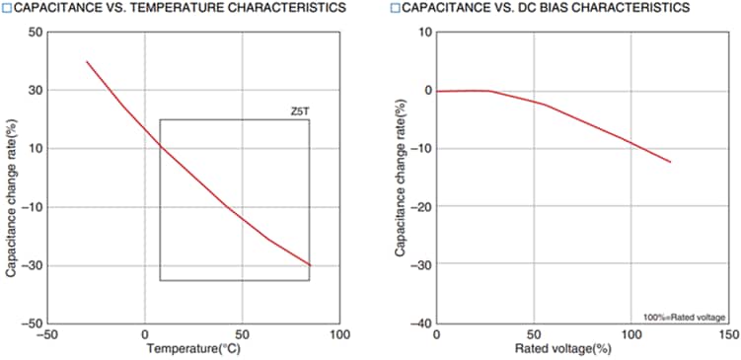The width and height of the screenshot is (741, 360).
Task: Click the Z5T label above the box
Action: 300,112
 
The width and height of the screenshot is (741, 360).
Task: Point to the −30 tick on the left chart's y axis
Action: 32,265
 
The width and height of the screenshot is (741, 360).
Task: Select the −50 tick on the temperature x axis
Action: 47,335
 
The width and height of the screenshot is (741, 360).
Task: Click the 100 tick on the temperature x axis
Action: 339,335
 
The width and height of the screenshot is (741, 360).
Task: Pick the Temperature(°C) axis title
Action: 193,348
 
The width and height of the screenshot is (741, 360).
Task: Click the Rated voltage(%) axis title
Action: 583,348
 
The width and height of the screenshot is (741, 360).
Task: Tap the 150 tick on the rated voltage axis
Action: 727,335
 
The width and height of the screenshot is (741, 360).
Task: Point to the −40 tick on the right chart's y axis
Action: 422,324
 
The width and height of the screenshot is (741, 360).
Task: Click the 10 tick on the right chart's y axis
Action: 426,32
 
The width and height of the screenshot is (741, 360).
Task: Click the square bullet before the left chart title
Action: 6,8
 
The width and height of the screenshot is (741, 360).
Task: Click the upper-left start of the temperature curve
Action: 87,61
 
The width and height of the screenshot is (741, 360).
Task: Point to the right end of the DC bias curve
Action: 671,162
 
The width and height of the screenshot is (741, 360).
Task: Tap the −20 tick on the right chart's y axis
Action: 422,207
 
